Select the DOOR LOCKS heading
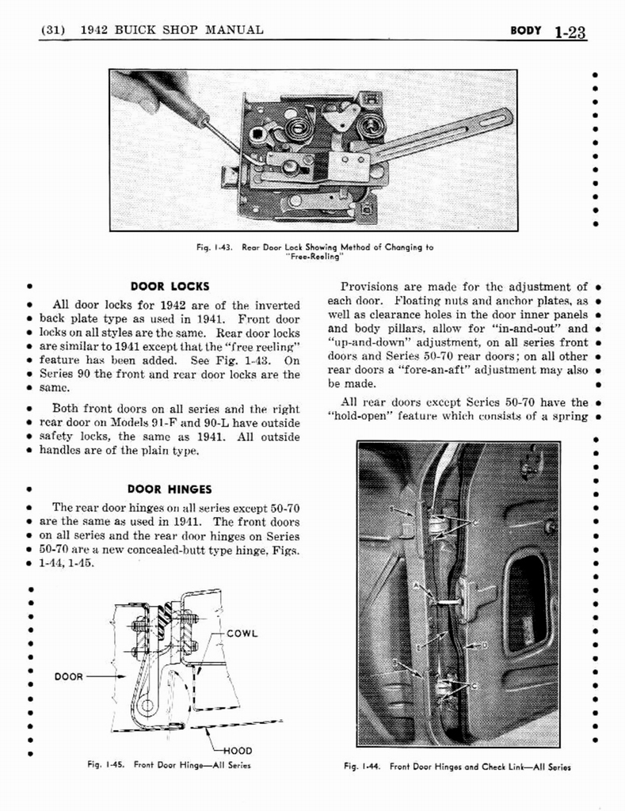coord(169,286)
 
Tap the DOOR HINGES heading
coord(170,489)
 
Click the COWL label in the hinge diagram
coord(245,634)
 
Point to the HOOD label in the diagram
coord(238,750)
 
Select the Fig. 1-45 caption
coord(171,765)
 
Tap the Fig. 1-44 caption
coord(457,767)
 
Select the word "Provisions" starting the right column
coord(368,287)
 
